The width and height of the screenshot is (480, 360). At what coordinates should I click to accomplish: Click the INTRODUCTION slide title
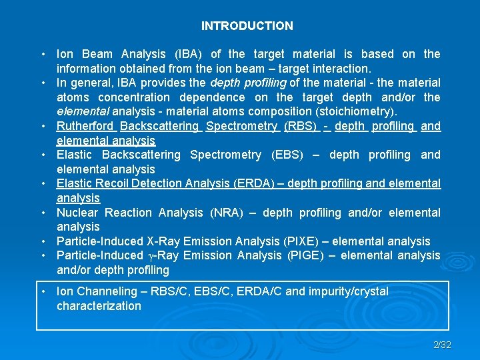pyautogui.click(x=247, y=26)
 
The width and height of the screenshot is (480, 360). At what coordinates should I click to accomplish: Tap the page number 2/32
pyautogui.click(x=442, y=345)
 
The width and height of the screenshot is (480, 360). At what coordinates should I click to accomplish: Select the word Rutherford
pyautogui.click(x=85, y=126)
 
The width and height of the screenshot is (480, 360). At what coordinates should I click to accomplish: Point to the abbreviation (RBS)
pyautogui.click(x=301, y=126)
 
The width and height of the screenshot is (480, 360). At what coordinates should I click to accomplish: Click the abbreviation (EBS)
pyautogui.click(x=287, y=155)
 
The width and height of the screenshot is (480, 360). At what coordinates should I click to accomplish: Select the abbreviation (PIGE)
pyautogui.click(x=303, y=255)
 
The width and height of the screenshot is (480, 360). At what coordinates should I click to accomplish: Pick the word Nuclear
pyautogui.click(x=77, y=213)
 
